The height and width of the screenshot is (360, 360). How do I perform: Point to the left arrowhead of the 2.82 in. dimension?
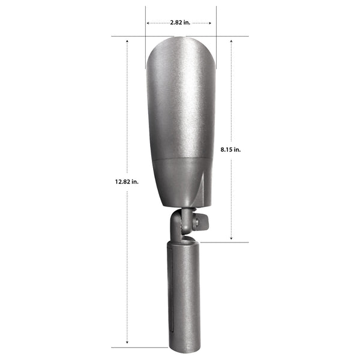click(x=148, y=23)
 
